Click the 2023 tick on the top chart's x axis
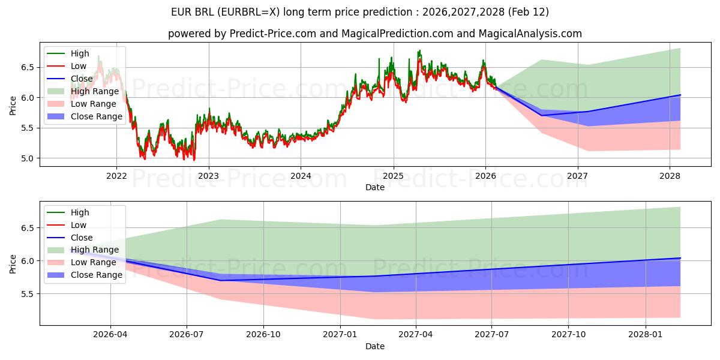(x=209, y=176)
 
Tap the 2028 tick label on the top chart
(x=670, y=176)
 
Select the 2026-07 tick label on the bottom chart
(x=187, y=335)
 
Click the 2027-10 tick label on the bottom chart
(x=568, y=335)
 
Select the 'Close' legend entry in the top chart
(x=82, y=79)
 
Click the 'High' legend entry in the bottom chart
(x=80, y=212)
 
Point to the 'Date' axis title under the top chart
(x=375, y=187)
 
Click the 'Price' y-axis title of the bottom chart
(x=13, y=263)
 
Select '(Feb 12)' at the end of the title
(x=528, y=12)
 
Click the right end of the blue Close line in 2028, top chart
(x=680, y=95)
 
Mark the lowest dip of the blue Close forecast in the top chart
(x=541, y=115)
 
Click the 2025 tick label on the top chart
(x=394, y=176)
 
